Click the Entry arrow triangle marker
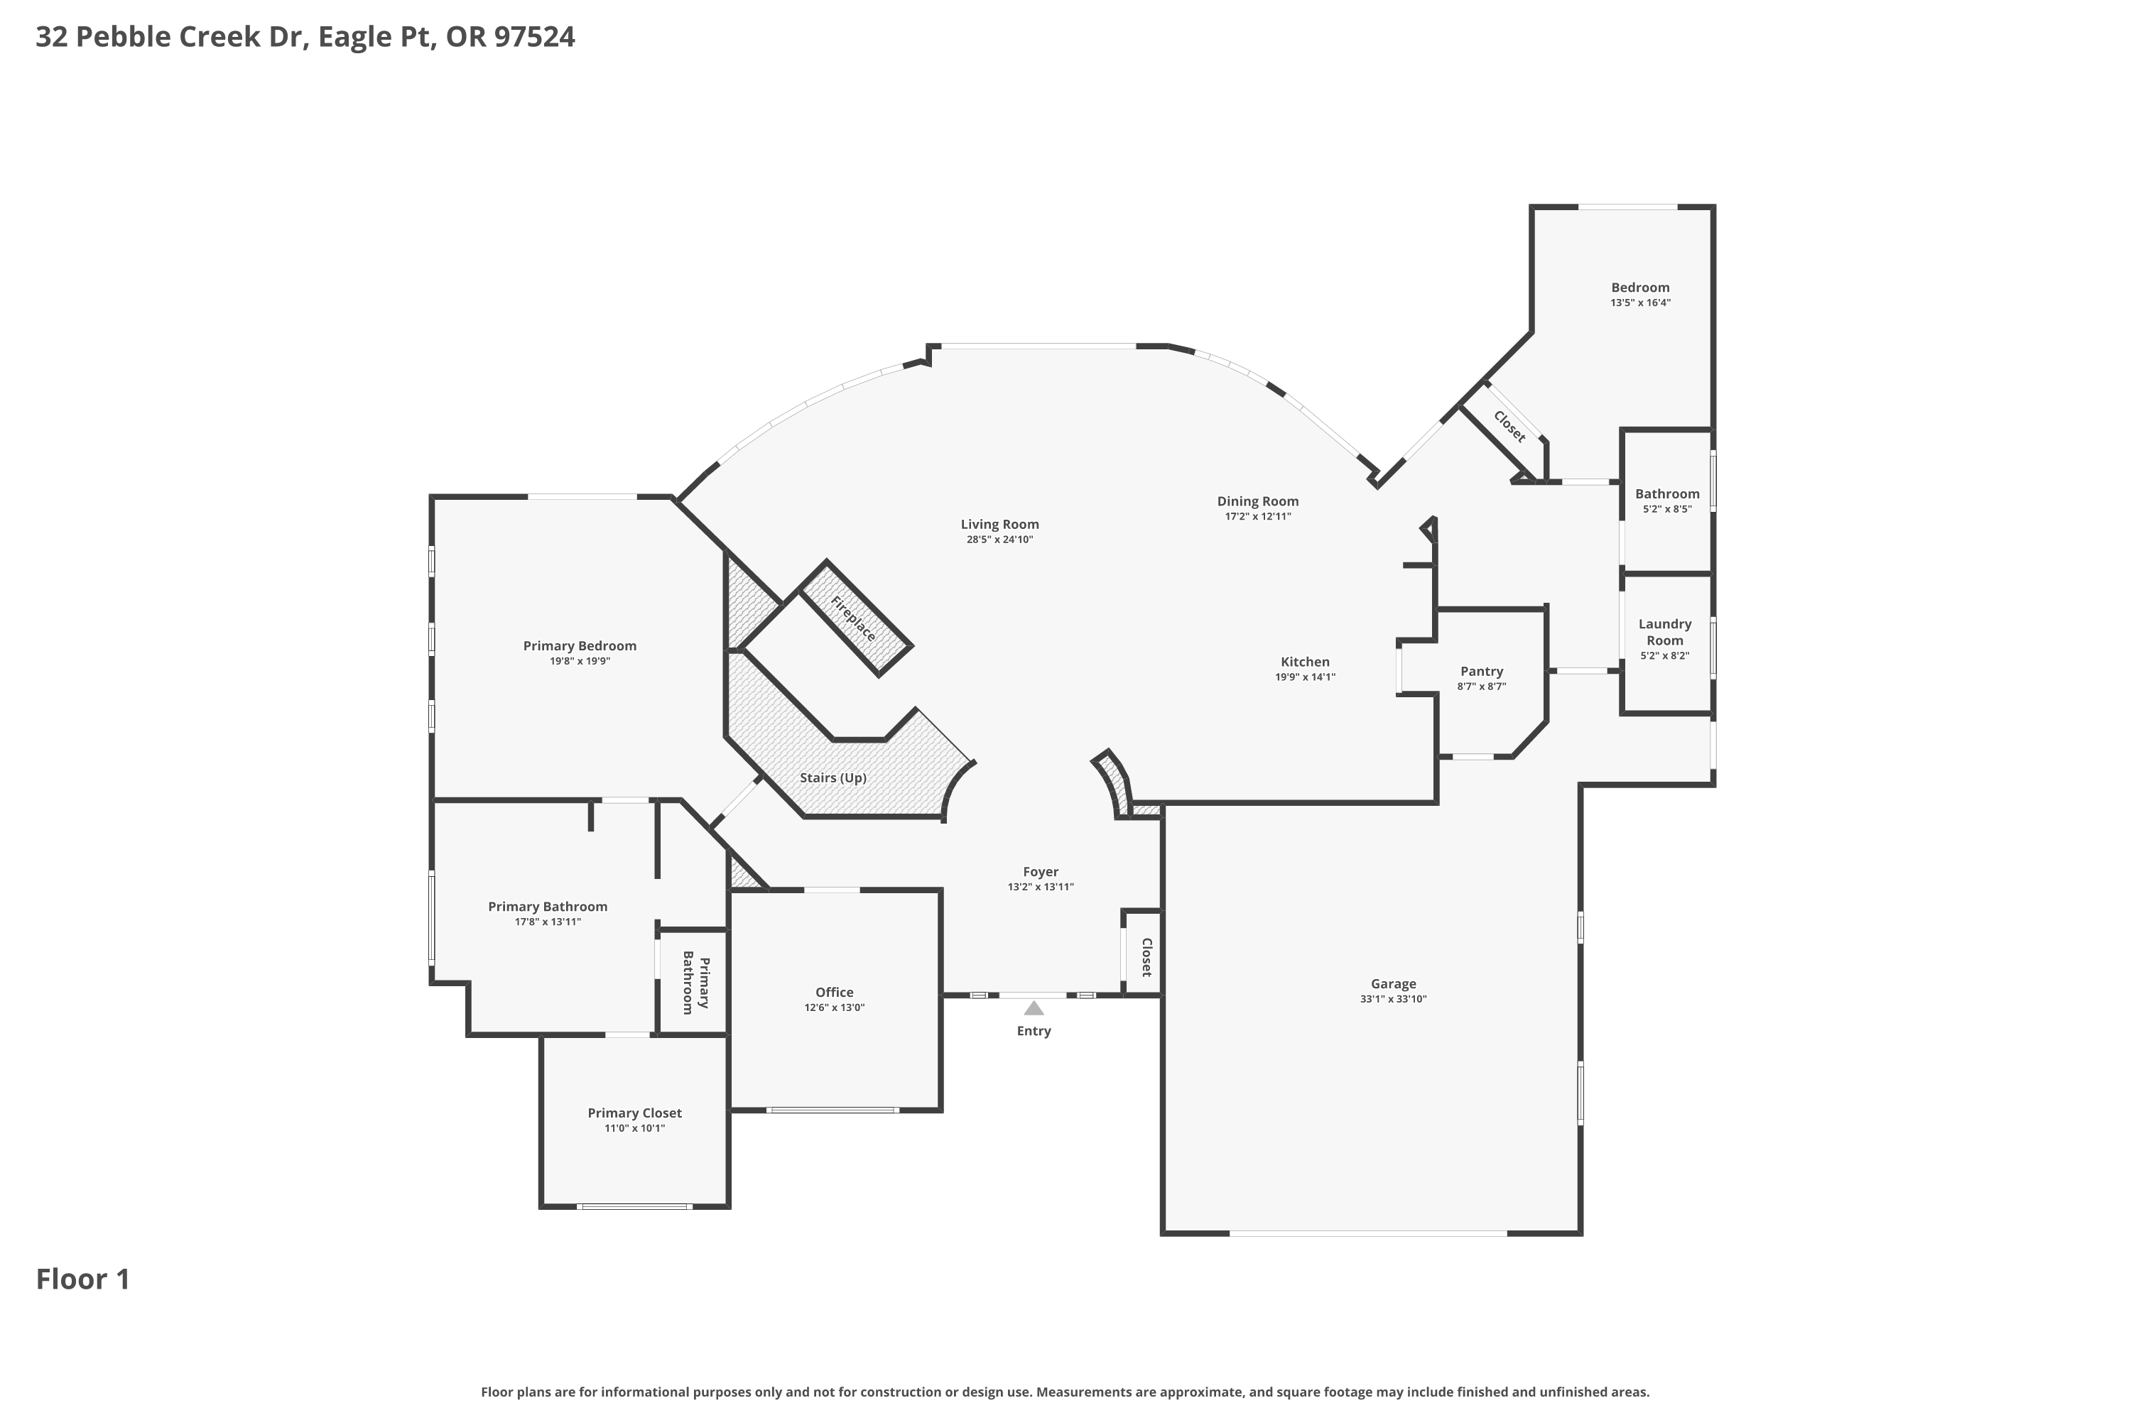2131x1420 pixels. pos(1034,1008)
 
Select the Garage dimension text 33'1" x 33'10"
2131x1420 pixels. pos(1394,999)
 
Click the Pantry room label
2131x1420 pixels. pos(1481,671)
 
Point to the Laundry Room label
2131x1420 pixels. pos(1665,632)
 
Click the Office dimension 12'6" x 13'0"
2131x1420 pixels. pos(835,1007)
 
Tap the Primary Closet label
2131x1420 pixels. pos(634,1113)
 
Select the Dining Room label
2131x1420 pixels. pos(1257,501)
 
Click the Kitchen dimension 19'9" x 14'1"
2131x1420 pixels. pos(1306,677)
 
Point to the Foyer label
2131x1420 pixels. pos(1041,872)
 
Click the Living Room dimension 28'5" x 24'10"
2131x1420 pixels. pos(999,539)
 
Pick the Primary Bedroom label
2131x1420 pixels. pos(580,645)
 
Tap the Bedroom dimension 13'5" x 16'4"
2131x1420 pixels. pos(1641,302)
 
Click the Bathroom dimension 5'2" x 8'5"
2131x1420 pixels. pos(1667,509)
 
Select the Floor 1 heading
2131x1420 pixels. pos(83,1279)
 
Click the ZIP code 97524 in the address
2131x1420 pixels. pos(535,37)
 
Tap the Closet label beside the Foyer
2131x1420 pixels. pos(1146,957)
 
